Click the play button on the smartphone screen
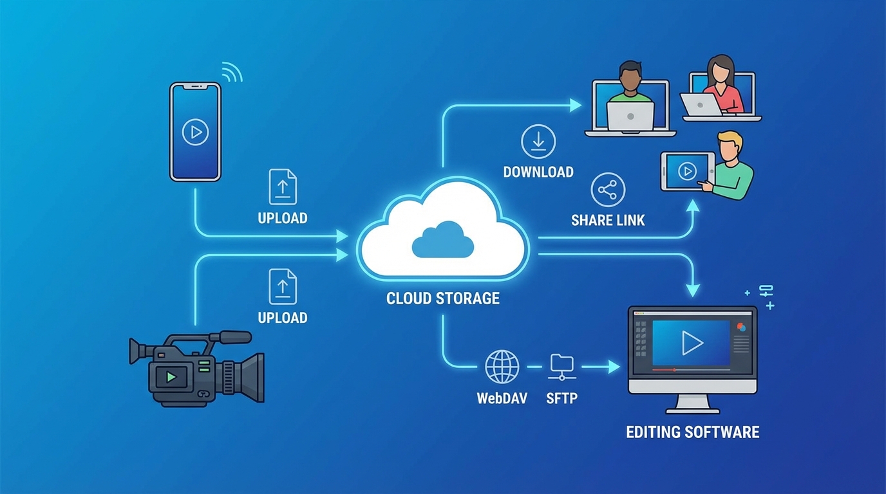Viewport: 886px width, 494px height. pyautogui.click(x=195, y=133)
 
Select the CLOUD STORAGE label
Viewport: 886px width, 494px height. pyautogui.click(x=443, y=298)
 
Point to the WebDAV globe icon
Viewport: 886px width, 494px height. pyautogui.click(x=502, y=367)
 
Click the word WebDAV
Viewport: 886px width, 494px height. pyautogui.click(x=502, y=398)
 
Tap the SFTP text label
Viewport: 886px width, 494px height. pyautogui.click(x=562, y=398)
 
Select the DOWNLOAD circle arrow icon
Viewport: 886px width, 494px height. pyautogui.click(x=538, y=142)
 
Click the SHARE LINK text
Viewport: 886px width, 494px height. pyautogui.click(x=608, y=221)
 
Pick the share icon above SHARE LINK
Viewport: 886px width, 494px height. pyautogui.click(x=608, y=190)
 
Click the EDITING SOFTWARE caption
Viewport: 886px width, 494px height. pyautogui.click(x=693, y=432)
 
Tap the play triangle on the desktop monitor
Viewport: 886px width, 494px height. pyautogui.click(x=692, y=343)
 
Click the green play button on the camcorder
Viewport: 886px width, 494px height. pyautogui.click(x=171, y=377)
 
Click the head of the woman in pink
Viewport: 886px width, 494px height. pyautogui.click(x=721, y=68)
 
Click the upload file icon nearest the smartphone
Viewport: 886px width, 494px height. pyautogui.click(x=283, y=187)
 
